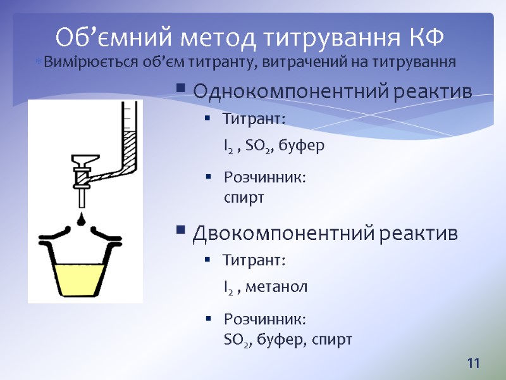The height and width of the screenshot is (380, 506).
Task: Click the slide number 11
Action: coord(473,364)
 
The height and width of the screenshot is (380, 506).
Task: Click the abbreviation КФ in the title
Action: coord(423,37)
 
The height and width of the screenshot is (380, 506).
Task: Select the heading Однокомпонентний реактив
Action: coord(332,92)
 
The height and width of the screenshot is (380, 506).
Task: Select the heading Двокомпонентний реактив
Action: coord(325,234)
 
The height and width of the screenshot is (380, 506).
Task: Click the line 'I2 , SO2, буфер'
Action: coord(274,146)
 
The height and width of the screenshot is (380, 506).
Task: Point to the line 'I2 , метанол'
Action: coord(266,288)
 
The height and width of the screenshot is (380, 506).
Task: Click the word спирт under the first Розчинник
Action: coord(244,198)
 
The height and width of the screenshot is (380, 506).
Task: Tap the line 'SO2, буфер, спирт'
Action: coord(288,339)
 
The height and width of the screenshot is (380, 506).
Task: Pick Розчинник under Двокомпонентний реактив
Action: coord(265,319)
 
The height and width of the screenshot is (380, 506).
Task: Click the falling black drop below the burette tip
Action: coord(82,219)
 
